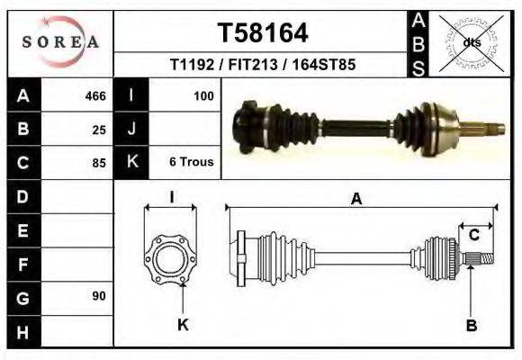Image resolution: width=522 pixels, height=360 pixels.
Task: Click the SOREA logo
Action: click(60, 42)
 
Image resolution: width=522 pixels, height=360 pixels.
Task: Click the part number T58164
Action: click(263, 33)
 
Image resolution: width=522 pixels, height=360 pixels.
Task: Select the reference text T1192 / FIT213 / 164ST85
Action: click(263, 65)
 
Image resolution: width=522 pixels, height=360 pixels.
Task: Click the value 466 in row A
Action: click(94, 96)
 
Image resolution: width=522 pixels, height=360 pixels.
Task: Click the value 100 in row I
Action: click(202, 95)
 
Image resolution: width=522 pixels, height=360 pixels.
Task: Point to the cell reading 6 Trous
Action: click(191, 162)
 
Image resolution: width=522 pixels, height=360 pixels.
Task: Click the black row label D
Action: click(22, 196)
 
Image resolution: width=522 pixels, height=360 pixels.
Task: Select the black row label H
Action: click(22, 330)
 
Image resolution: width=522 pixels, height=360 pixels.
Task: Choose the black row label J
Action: click(131, 130)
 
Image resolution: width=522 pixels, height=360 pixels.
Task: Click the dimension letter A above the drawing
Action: click(356, 200)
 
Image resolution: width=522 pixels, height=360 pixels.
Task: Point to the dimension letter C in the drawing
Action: click(473, 236)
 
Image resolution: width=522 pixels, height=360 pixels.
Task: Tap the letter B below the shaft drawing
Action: click(471, 325)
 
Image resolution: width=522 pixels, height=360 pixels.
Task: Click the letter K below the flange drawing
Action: click(183, 325)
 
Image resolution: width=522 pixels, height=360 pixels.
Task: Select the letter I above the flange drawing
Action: click(171, 197)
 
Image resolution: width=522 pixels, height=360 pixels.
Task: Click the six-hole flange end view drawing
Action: click(170, 258)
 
